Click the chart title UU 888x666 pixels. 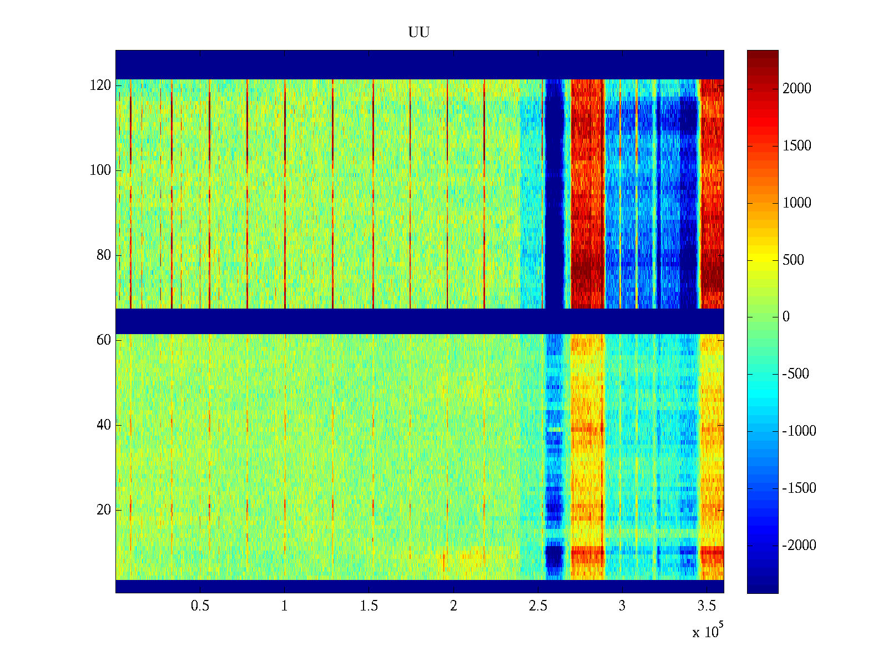pyautogui.click(x=419, y=33)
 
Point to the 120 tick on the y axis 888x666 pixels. pyautogui.click(x=100, y=85)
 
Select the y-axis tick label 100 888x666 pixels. pyautogui.click(x=100, y=170)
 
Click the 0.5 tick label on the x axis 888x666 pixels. pyautogui.click(x=200, y=606)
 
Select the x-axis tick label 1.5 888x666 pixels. pyautogui.click(x=369, y=606)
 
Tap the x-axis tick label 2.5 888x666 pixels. pyautogui.click(x=538, y=606)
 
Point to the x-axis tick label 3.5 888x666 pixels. pyautogui.click(x=707, y=606)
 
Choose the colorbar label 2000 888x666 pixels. pyautogui.click(x=797, y=89)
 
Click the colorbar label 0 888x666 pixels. pyautogui.click(x=786, y=317)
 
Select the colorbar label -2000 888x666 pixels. pyautogui.click(x=799, y=546)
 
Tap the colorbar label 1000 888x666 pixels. pyautogui.click(x=797, y=203)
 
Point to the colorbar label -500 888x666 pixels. pyautogui.click(x=796, y=374)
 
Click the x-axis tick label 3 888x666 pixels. pyautogui.click(x=622, y=606)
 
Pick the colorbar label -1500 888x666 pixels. pyautogui.click(x=799, y=488)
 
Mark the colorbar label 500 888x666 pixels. pyautogui.click(x=794, y=260)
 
